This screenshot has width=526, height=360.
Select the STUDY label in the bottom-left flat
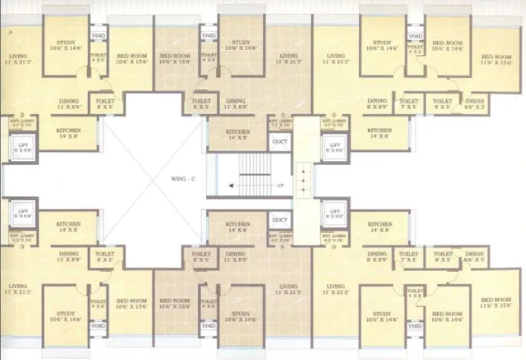point(64,317)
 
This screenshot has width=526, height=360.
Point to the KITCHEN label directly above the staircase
point(238,134)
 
